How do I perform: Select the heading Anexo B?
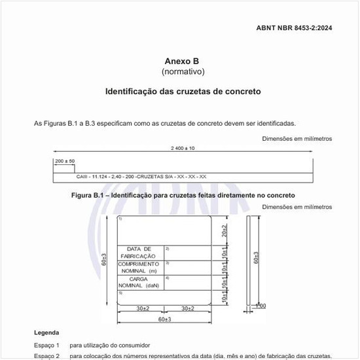(183, 61)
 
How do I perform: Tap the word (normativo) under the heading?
(183, 71)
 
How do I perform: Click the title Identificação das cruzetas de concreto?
(183, 92)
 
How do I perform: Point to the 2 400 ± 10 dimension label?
(183, 148)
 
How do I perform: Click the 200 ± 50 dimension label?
(65, 160)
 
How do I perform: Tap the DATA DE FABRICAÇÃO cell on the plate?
(139, 252)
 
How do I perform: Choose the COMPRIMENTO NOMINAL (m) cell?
(139, 267)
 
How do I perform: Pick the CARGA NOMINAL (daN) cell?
(139, 282)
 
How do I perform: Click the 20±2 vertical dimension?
(225, 230)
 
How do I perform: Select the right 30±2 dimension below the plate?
(187, 308)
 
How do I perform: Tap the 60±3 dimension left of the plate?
(104, 260)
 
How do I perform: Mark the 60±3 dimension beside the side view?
(256, 257)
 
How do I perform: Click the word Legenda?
(46, 333)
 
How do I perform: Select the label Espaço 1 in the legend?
(46, 345)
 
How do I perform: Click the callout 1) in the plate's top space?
(120, 219)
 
